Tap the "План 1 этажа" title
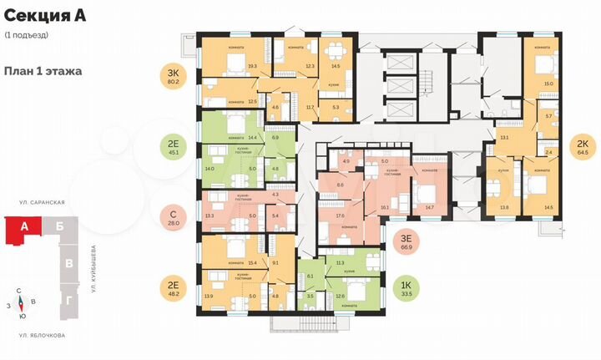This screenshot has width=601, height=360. pyautogui.click(x=43, y=71)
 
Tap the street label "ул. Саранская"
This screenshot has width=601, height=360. pyautogui.click(x=42, y=203)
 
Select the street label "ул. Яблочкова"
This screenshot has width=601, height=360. pyautogui.click(x=42, y=335)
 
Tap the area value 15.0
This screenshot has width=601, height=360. pyautogui.click(x=548, y=84)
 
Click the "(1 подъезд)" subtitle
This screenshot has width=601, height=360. pyautogui.click(x=26, y=35)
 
